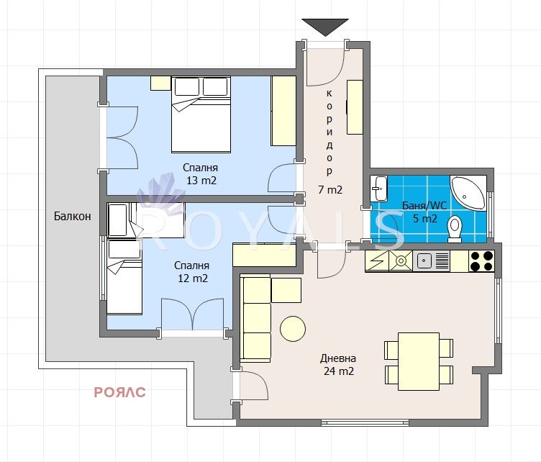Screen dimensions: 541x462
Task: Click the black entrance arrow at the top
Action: (x=325, y=27)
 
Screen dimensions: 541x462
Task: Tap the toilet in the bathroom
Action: (x=455, y=229)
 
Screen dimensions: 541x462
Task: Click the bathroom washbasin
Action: (x=378, y=188)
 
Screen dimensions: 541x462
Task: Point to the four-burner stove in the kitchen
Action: (x=481, y=261)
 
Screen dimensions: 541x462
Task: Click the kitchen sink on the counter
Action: (x=424, y=261)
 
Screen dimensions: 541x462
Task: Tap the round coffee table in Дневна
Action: (x=293, y=328)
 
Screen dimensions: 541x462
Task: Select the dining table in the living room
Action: (x=419, y=361)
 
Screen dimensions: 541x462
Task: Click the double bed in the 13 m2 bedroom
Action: (x=201, y=114)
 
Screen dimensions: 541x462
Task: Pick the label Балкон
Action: (x=73, y=217)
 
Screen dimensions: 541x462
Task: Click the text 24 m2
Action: (x=339, y=371)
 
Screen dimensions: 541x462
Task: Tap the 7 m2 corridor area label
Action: (x=330, y=190)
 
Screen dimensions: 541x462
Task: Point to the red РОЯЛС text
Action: (x=119, y=392)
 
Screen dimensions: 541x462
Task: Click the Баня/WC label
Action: (x=424, y=206)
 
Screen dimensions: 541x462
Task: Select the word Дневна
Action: (x=338, y=358)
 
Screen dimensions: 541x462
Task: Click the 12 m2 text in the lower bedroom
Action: (x=193, y=278)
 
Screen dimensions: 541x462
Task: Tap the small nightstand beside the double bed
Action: (x=160, y=83)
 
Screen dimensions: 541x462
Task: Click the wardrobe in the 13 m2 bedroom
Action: (x=283, y=111)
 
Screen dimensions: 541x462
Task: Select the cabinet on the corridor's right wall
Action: (x=355, y=107)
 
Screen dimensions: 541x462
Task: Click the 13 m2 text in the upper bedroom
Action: (x=201, y=181)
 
